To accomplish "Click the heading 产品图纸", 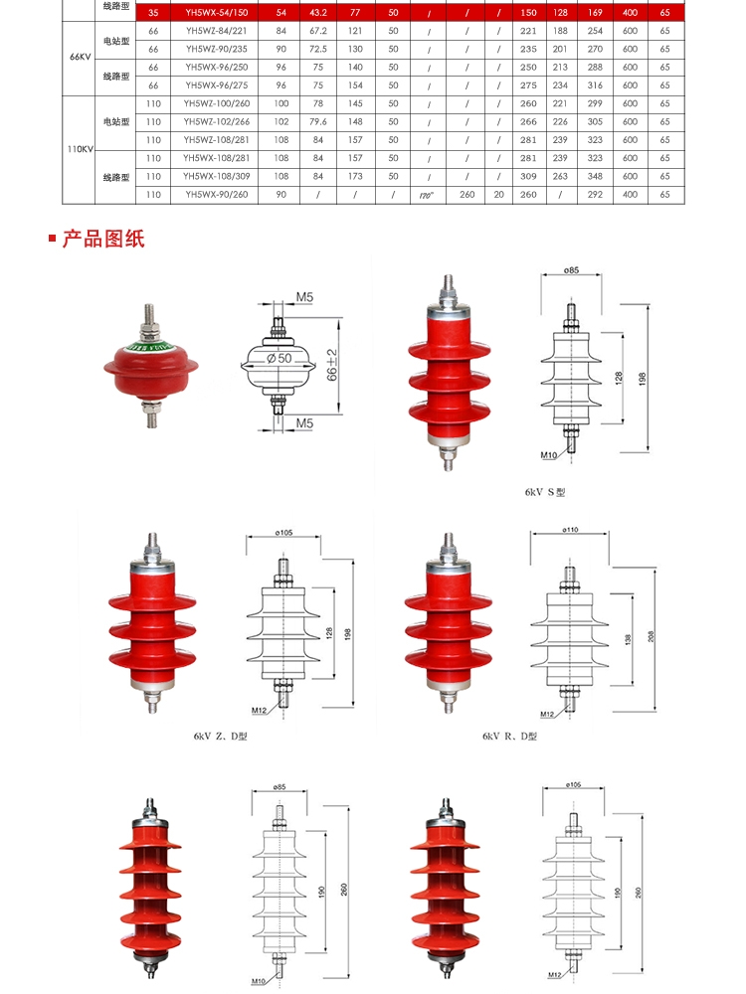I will click(x=103, y=239).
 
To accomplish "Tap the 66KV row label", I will click(x=81, y=58).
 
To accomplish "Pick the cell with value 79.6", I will click(x=317, y=121).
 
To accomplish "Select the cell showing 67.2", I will click(x=317, y=30).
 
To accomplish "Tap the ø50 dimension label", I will click(x=280, y=358).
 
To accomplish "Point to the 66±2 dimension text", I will click(x=332, y=367).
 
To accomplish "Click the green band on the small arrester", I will click(x=146, y=347).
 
